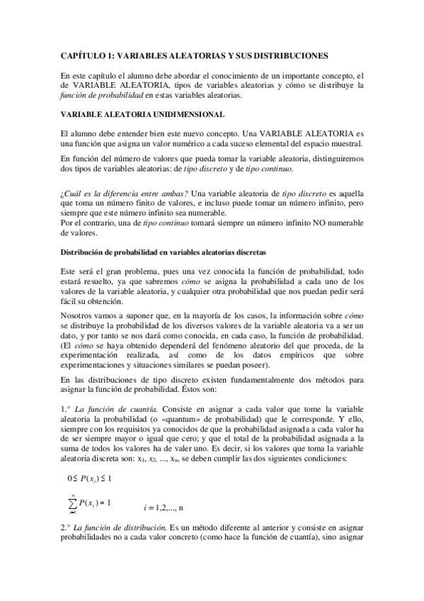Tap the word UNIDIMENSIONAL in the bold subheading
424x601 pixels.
coord(188,113)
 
